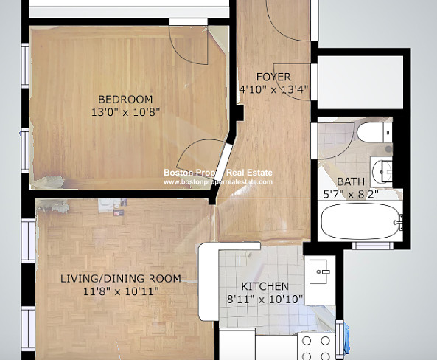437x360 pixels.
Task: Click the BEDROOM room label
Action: pyautogui.click(x=125, y=100)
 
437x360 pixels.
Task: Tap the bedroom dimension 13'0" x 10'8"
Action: pyautogui.click(x=126, y=112)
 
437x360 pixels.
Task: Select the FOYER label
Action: pyautogui.click(x=273, y=77)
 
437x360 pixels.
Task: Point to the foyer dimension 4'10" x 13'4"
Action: pyautogui.click(x=273, y=89)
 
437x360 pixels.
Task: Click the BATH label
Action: pyautogui.click(x=351, y=181)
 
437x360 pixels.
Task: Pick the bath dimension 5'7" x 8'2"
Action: pyautogui.click(x=351, y=194)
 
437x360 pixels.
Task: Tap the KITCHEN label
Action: pyautogui.click(x=265, y=286)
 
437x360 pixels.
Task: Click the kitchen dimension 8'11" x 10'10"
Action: pyautogui.click(x=265, y=300)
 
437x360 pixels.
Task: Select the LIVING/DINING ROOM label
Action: pyautogui.click(x=121, y=279)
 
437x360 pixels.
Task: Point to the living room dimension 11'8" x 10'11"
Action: pyautogui.click(x=121, y=291)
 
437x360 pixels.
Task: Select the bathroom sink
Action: pyautogui.click(x=381, y=172)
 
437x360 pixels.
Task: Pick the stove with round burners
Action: pyautogui.click(x=315, y=346)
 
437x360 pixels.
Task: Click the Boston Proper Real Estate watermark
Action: pyautogui.click(x=218, y=173)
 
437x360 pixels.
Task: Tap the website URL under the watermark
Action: pyautogui.click(x=218, y=182)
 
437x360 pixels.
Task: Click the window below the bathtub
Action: pyautogui.click(x=373, y=246)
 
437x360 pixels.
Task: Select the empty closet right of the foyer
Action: pyautogui.click(x=360, y=83)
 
